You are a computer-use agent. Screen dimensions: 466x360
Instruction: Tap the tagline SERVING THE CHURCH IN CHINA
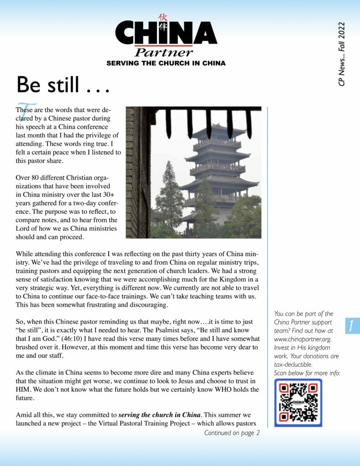(x=166, y=63)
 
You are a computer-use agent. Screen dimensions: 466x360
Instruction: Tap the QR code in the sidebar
(x=298, y=403)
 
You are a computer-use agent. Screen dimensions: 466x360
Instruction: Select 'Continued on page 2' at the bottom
(x=232, y=433)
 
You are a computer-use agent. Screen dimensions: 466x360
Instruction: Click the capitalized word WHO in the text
(x=220, y=390)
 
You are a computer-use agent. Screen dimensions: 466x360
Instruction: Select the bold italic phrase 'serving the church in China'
(x=159, y=415)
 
